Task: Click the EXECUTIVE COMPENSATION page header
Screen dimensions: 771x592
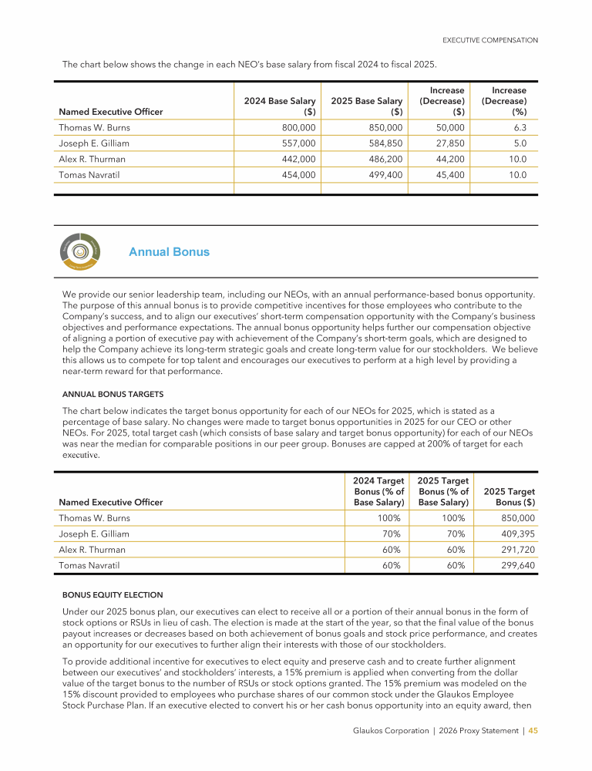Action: (489, 40)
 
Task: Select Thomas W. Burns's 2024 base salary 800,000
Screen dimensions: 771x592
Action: (297, 127)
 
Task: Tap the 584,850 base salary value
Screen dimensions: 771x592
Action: (384, 143)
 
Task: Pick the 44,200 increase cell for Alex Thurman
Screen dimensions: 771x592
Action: (448, 159)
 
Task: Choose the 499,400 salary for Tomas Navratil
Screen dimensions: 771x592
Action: (384, 175)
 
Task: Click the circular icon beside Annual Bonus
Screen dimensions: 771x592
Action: (79, 251)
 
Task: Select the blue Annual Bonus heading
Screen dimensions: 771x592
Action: (169, 252)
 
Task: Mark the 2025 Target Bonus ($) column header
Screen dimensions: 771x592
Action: (510, 497)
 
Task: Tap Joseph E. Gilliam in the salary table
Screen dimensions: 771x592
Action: (94, 143)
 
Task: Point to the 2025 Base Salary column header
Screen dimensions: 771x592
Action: (367, 106)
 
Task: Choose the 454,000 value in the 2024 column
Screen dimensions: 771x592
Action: (297, 175)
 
